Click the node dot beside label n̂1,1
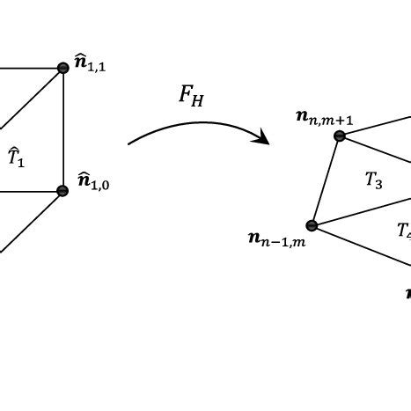tap(62, 68)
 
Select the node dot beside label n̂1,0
tap(62, 191)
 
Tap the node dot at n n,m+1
tap(340, 136)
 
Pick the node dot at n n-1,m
tap(312, 225)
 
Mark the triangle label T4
tap(403, 231)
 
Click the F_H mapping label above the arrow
tap(193, 95)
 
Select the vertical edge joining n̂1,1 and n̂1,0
tap(62, 129)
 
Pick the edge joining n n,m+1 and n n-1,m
tap(326, 180)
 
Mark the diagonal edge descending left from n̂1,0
tap(31, 222)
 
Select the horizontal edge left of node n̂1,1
tap(26, 68)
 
